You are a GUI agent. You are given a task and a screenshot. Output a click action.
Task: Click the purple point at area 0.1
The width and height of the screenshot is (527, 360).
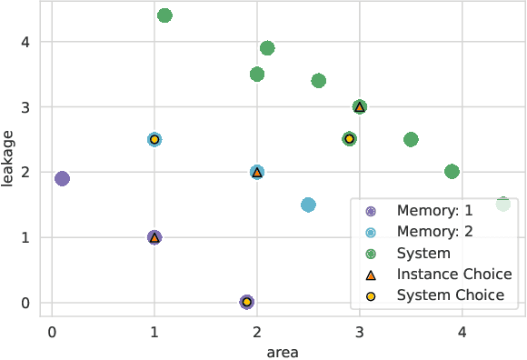[x=62, y=178]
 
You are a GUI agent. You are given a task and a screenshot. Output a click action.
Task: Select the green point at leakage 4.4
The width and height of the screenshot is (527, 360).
[x=164, y=15]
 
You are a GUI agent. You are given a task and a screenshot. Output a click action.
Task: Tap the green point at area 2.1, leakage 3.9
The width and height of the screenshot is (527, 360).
[x=267, y=48]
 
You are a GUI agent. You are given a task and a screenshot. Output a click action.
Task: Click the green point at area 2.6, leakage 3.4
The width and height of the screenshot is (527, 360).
[x=319, y=81]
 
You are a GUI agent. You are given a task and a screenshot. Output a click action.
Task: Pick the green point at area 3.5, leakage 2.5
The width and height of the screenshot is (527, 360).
[x=411, y=139]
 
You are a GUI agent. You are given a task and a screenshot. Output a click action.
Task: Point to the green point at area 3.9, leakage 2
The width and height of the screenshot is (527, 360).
[x=452, y=172]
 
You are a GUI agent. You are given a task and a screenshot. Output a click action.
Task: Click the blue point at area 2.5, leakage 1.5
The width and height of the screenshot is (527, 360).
[x=308, y=205]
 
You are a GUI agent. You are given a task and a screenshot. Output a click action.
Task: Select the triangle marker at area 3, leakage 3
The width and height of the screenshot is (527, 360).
[x=360, y=106]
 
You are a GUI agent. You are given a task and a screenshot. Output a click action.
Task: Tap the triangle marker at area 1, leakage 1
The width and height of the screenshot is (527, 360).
[x=154, y=237]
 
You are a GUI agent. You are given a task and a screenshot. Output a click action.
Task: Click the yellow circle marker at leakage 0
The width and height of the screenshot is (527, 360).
[x=246, y=302]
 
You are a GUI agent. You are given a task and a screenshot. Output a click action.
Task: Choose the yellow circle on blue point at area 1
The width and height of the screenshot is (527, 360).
[x=154, y=139]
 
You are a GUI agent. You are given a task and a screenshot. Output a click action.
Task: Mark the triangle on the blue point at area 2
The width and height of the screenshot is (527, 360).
[x=257, y=172]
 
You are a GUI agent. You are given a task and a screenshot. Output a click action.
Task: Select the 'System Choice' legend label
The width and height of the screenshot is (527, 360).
[x=450, y=295]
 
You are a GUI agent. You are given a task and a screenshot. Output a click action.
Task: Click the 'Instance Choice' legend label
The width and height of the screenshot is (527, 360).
[x=454, y=274]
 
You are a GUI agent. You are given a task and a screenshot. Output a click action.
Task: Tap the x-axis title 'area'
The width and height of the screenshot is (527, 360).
[x=283, y=351]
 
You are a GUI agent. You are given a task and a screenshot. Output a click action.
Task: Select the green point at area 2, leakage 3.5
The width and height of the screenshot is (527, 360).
[x=257, y=75]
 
